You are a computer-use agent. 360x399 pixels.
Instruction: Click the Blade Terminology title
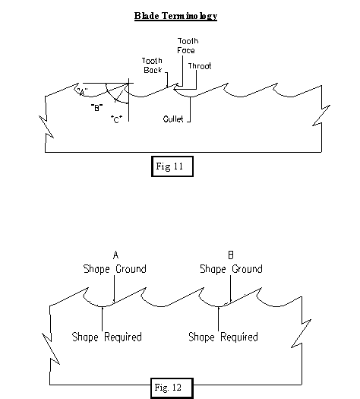(x=175, y=16)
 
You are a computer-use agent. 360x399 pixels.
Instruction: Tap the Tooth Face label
(x=188, y=46)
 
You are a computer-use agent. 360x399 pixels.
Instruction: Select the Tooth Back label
(x=153, y=65)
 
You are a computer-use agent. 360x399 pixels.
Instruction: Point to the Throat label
(x=200, y=66)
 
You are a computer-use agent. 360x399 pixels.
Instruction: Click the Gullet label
(x=173, y=119)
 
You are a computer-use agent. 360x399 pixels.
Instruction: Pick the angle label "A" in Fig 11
(x=82, y=91)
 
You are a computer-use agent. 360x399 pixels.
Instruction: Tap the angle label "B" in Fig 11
(x=97, y=108)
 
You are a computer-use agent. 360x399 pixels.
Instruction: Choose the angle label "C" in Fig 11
(x=116, y=119)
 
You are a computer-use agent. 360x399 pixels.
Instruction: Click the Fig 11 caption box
(x=172, y=166)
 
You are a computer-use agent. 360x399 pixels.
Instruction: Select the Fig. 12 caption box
(x=172, y=388)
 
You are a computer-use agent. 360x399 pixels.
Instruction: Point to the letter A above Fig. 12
(x=115, y=255)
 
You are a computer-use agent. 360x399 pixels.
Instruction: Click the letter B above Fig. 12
(x=231, y=255)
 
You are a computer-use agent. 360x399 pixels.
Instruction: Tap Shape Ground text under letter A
(x=115, y=269)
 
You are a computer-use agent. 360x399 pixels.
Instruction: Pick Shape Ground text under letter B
(x=231, y=269)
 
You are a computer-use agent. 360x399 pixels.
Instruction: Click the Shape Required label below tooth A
(x=107, y=337)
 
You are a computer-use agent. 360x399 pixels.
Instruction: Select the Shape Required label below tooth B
(x=223, y=337)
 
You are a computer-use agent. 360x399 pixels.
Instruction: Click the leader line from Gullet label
(x=190, y=109)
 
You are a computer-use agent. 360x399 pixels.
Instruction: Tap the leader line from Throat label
(x=196, y=80)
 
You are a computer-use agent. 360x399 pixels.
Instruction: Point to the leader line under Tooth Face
(x=182, y=71)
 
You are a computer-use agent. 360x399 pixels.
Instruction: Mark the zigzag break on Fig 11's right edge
(x=321, y=115)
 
